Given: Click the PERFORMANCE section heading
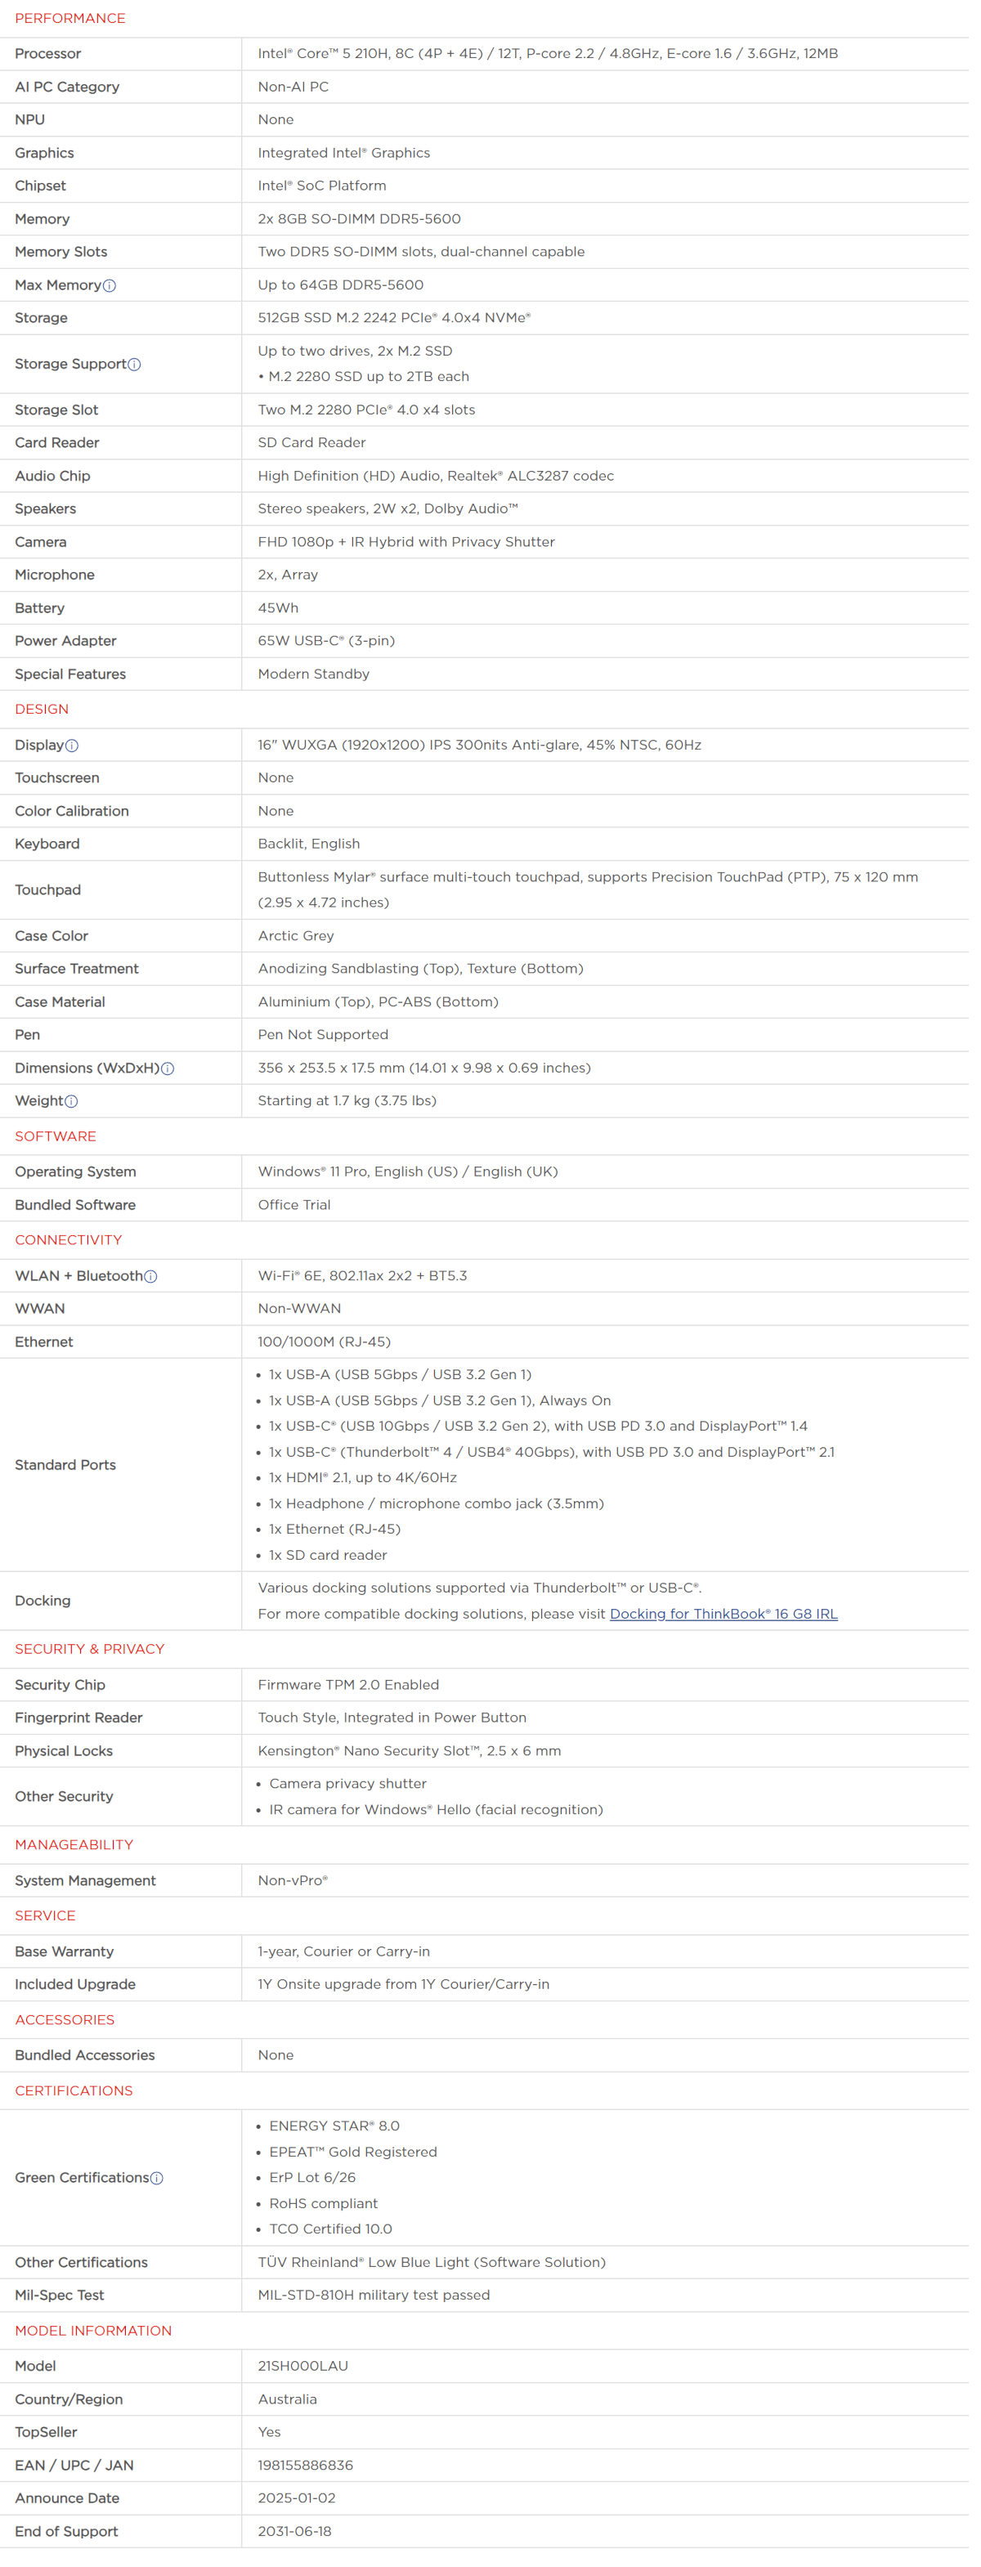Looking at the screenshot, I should [x=69, y=18].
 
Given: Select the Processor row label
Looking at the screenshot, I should [x=48, y=54].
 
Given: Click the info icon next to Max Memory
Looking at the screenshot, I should [x=110, y=286].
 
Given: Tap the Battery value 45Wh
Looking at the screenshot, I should [x=278, y=608].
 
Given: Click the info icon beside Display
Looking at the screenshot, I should [x=72, y=746].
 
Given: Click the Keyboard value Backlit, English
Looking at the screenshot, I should [x=309, y=844].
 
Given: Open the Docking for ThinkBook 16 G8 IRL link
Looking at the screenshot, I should [x=723, y=1613].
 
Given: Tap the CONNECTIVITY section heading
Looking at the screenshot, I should [x=68, y=1239].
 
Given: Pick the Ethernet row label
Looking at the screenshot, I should [x=44, y=1342].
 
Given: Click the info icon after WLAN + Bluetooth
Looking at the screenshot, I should [x=150, y=1276].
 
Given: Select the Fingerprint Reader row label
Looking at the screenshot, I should [x=78, y=1718].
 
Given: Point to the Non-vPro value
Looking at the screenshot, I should [x=292, y=1880].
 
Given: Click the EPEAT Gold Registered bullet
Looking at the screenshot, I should [x=353, y=2153].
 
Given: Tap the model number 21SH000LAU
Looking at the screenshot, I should [x=303, y=2366].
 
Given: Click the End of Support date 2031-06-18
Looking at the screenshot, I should [x=294, y=2531].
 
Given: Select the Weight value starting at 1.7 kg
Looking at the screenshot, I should [x=347, y=1101].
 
